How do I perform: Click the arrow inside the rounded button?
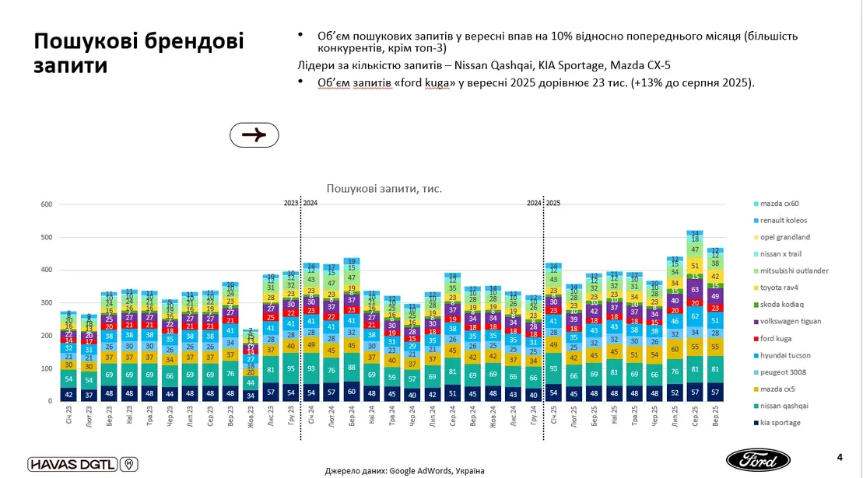(x=254, y=134)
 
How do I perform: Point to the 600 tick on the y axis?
(x=46, y=204)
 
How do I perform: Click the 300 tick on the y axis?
(x=46, y=303)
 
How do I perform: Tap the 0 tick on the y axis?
(x=49, y=401)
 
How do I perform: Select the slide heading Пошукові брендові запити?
(x=139, y=53)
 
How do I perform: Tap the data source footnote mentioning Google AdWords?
(x=404, y=470)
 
